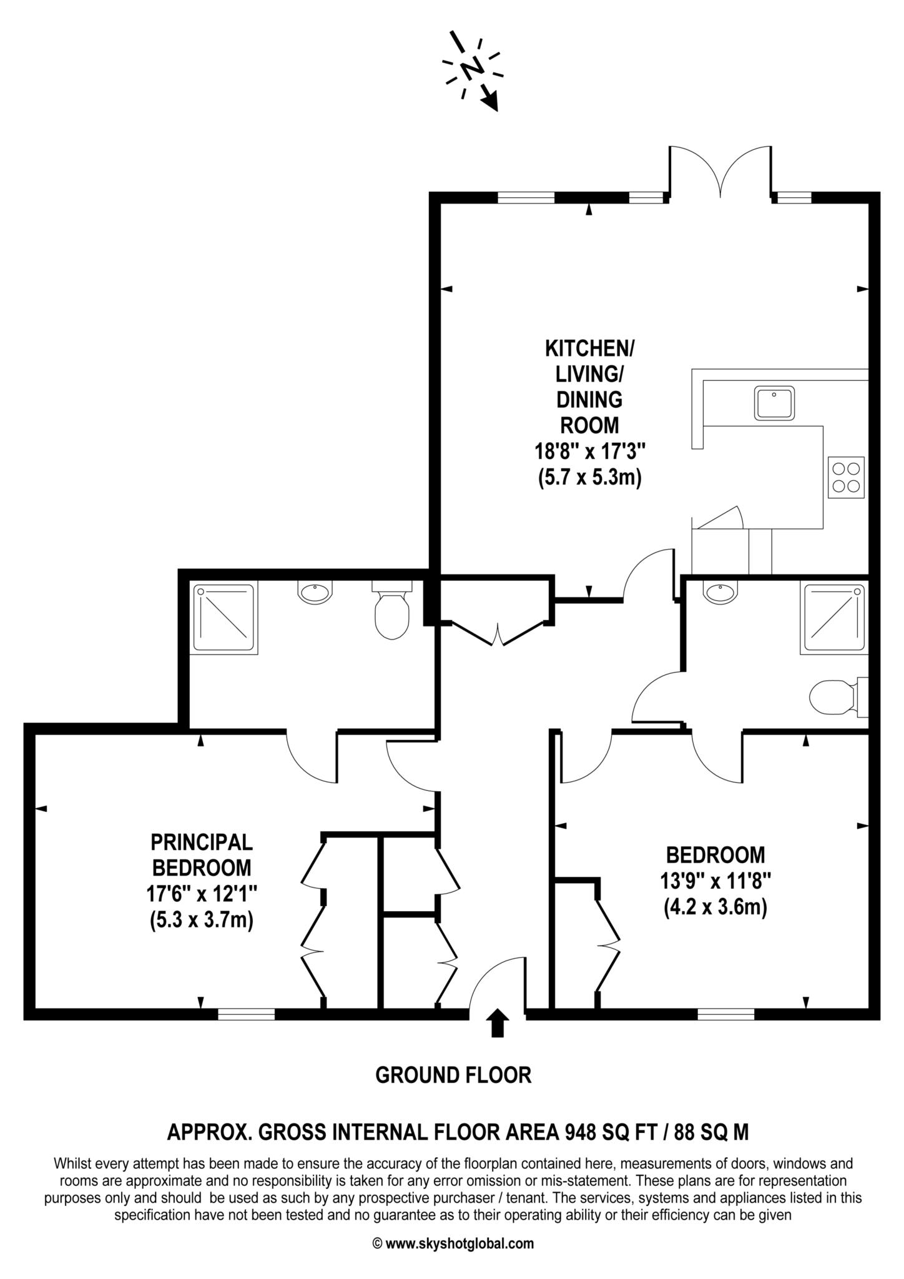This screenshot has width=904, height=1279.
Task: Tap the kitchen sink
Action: pyautogui.click(x=774, y=403)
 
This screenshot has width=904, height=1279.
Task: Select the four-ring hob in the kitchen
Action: pyautogui.click(x=847, y=478)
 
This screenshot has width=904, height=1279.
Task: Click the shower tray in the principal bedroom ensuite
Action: pyautogui.click(x=224, y=618)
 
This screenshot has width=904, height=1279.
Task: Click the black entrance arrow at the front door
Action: pyautogui.click(x=497, y=1022)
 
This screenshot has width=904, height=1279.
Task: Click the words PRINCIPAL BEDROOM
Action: pyautogui.click(x=202, y=854)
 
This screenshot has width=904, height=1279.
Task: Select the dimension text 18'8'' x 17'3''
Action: pyautogui.click(x=590, y=451)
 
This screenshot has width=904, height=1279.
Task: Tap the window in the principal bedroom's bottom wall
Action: pyautogui.click(x=246, y=1015)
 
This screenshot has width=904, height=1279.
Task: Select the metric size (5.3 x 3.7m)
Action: pyautogui.click(x=202, y=921)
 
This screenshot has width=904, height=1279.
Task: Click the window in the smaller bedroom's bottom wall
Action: pyautogui.click(x=725, y=1015)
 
